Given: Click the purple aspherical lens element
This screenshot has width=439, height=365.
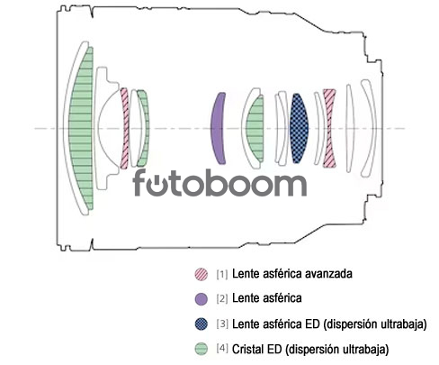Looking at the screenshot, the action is pyautogui.click(x=218, y=129).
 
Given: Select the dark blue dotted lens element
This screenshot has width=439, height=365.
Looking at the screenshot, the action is pyautogui.click(x=299, y=129).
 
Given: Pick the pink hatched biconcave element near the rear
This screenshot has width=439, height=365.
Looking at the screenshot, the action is pyautogui.click(x=329, y=128).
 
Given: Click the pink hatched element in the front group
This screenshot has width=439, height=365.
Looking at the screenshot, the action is pyautogui.click(x=125, y=128).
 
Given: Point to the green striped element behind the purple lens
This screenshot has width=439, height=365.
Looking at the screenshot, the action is pyautogui.click(x=255, y=129).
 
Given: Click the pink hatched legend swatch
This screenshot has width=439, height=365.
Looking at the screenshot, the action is pyautogui.click(x=201, y=274).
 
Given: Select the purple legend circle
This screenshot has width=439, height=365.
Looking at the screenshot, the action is pyautogui.click(x=201, y=299).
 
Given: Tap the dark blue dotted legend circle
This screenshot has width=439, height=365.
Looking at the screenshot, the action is pyautogui.click(x=201, y=324).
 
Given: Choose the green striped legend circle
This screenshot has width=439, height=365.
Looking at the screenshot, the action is pyautogui.click(x=201, y=349).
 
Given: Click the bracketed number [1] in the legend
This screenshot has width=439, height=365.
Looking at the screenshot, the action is pyautogui.click(x=222, y=274).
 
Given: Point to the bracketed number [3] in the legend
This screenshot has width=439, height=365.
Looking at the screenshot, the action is pyautogui.click(x=222, y=324).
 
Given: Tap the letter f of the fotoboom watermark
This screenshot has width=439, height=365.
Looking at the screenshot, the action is pyautogui.click(x=141, y=183).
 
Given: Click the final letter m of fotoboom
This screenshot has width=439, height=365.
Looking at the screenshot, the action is pyautogui.click(x=288, y=185).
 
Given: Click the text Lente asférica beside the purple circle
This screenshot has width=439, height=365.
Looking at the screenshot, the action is pyautogui.click(x=267, y=298).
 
